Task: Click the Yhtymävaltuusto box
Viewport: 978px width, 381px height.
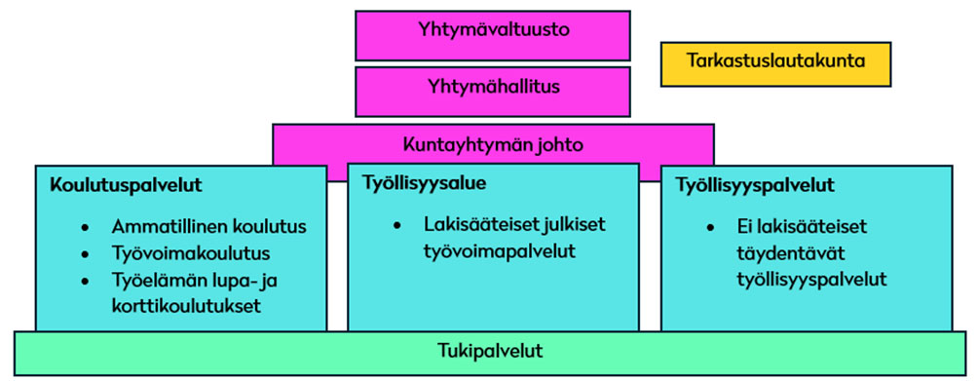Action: [x=493, y=34]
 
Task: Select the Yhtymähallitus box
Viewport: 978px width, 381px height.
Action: [x=493, y=90]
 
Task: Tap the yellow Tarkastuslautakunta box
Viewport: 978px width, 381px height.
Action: [x=775, y=62]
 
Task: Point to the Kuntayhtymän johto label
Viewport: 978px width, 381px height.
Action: [x=493, y=145]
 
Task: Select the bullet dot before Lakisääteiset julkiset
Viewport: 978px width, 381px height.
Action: [x=398, y=226]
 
